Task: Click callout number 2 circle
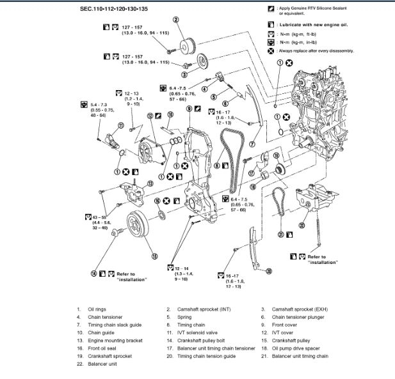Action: (x=176, y=20)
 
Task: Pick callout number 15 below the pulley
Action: (x=154, y=256)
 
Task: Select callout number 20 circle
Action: (x=269, y=272)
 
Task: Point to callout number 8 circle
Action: (x=216, y=166)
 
